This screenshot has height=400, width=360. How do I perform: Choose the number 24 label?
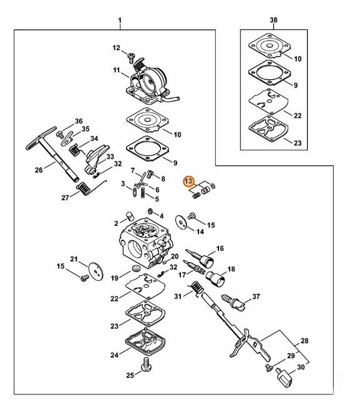click(114, 355)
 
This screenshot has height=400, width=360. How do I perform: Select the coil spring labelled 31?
click(195, 288)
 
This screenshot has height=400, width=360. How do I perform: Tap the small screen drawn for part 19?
click(132, 270)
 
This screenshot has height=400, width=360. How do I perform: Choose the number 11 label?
click(116, 70)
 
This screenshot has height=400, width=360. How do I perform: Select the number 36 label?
click(79, 120)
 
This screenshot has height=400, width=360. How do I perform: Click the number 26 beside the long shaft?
click(39, 169)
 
